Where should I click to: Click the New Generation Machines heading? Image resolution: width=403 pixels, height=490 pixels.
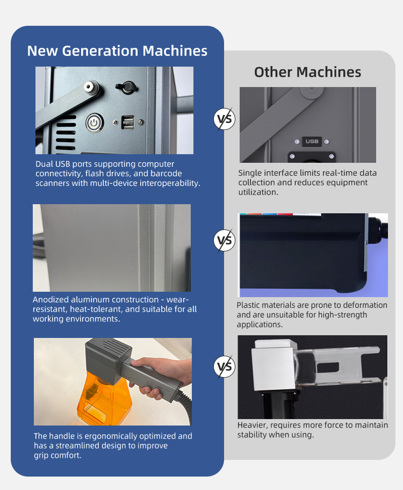click(117, 51)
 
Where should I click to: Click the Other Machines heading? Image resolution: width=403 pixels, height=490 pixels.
click(308, 72)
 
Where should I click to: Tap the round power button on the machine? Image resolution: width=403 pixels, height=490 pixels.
click(94, 123)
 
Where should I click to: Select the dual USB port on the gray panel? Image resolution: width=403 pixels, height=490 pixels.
click(127, 122)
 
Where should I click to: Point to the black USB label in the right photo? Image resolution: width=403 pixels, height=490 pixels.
click(312, 141)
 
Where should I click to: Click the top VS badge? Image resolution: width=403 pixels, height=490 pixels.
click(225, 119)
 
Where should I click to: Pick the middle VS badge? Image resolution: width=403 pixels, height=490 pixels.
click(225, 240)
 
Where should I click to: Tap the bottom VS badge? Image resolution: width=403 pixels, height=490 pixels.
click(225, 366)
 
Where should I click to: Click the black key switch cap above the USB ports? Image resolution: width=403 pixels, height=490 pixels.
click(127, 87)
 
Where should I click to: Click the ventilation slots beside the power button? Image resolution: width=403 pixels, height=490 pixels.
click(66, 133)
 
